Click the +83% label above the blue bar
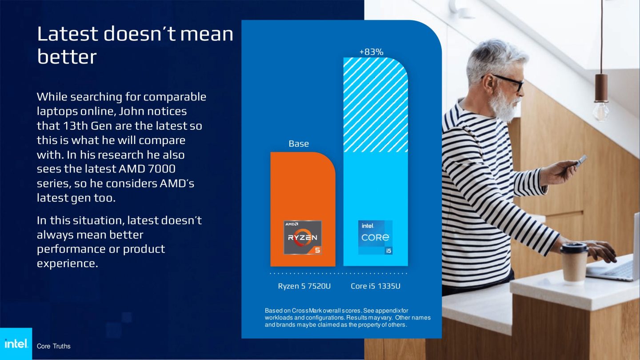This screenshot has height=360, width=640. [x=371, y=52]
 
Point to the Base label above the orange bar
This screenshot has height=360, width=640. [x=299, y=144]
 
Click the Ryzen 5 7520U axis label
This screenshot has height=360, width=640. [x=304, y=286]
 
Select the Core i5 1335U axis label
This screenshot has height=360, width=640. [x=376, y=286]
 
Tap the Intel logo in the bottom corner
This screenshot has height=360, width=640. [x=16, y=344]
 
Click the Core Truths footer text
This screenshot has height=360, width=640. [x=53, y=346]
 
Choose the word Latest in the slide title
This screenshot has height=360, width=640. [x=67, y=34]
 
